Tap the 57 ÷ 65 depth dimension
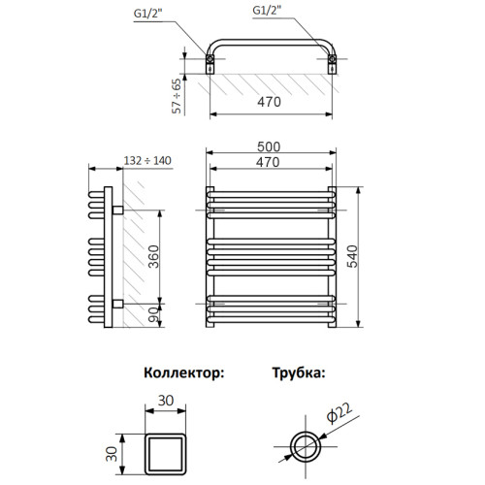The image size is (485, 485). point(177,96)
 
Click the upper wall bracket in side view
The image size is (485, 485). point(117,209)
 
